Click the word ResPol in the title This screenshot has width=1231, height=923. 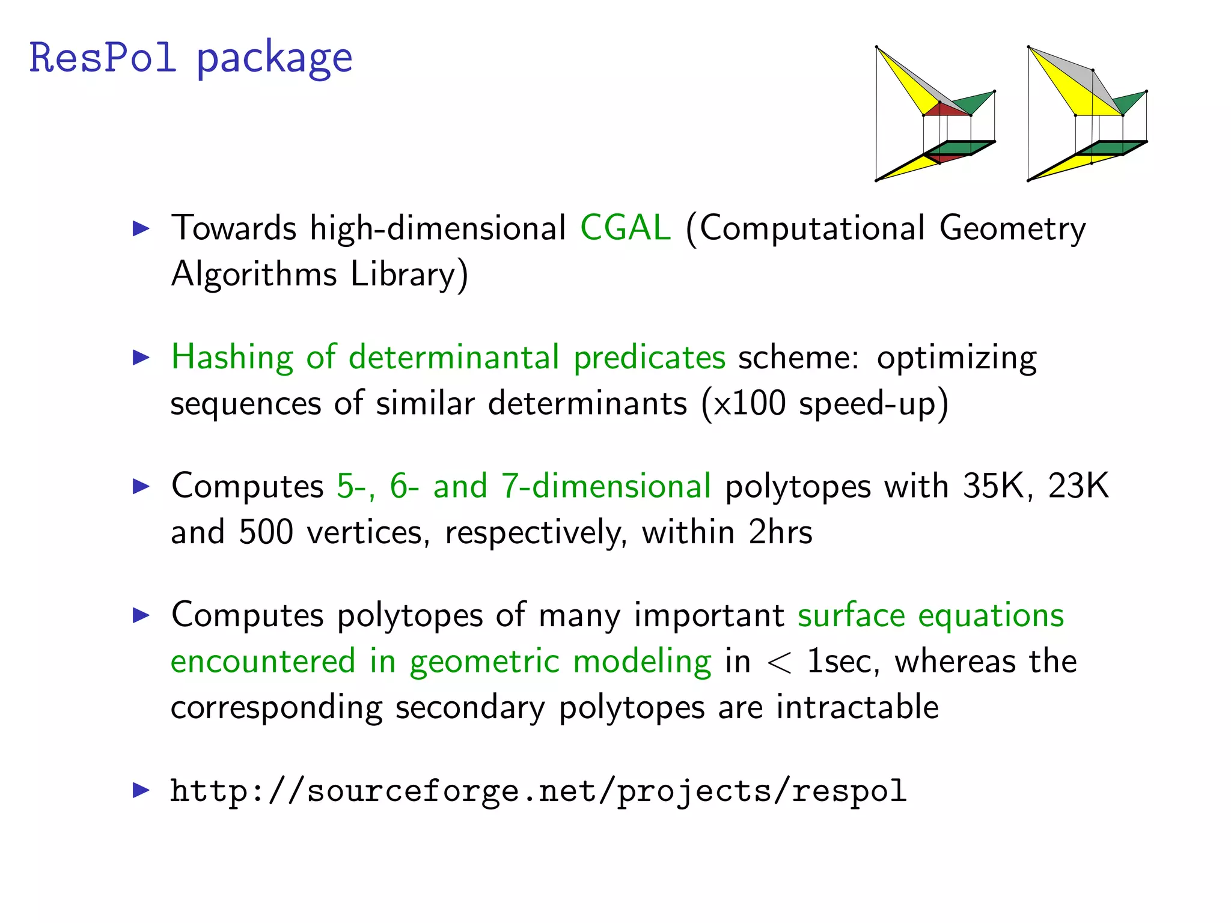(x=102, y=58)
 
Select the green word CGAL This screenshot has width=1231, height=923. (x=625, y=228)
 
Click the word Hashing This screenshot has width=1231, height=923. (x=232, y=358)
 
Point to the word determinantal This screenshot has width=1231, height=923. (x=454, y=358)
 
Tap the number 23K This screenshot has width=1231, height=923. (x=1078, y=486)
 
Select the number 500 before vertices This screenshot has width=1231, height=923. (x=266, y=532)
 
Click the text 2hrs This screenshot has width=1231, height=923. (x=780, y=532)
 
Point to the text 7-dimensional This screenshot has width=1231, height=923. (x=606, y=486)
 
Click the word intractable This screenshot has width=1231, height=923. (x=857, y=707)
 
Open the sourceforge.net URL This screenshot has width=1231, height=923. (x=538, y=791)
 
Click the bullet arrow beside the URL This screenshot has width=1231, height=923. (x=141, y=790)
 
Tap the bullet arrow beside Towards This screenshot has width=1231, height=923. (x=141, y=228)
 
